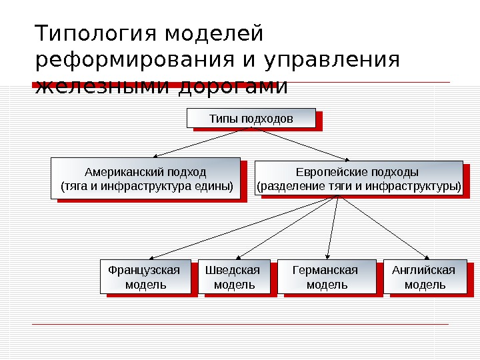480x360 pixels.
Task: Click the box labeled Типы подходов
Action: (250, 118)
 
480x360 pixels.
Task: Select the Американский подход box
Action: (145, 178)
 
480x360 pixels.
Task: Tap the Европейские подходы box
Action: (359, 178)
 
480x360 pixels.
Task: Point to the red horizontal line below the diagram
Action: (240, 325)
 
